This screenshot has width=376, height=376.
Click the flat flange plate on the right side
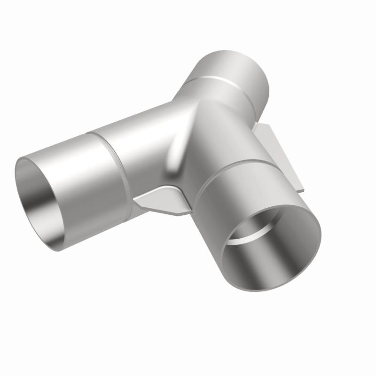pyautogui.click(x=277, y=150)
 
